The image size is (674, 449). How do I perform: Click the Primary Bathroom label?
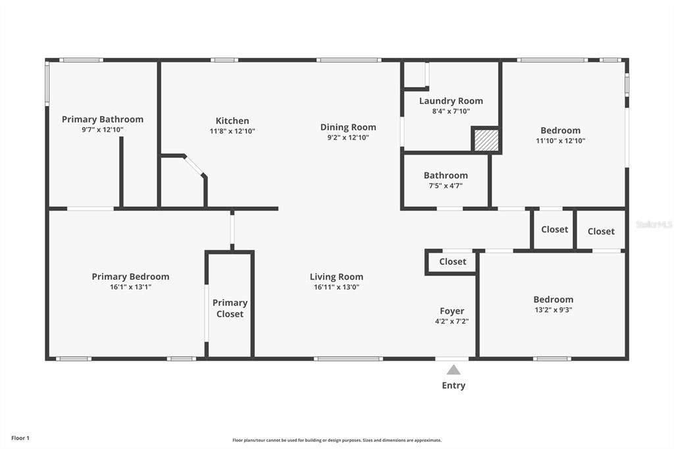point(102,119)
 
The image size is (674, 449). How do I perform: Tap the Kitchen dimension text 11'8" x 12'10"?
point(232,131)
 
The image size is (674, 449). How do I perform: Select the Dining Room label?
point(348,127)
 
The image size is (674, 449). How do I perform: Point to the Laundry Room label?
point(451,101)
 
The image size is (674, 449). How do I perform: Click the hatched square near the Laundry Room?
point(486,140)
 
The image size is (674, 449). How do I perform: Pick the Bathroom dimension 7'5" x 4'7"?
point(446,186)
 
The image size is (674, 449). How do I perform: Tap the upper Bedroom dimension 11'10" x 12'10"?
point(560,140)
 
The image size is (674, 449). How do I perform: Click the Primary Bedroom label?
point(130,277)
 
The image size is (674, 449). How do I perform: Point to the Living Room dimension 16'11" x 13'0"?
point(336,287)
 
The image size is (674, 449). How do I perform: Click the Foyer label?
point(452,311)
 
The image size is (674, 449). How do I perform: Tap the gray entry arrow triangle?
point(454,370)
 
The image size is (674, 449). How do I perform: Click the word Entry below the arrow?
point(454,385)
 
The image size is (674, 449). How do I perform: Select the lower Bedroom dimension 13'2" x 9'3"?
point(553,309)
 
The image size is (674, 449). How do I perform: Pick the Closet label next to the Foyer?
point(452,261)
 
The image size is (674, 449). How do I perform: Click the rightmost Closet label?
point(601,231)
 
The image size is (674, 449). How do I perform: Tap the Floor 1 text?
point(20,438)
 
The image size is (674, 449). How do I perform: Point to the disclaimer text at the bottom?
point(336,440)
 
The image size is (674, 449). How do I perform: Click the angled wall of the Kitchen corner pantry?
point(195,166)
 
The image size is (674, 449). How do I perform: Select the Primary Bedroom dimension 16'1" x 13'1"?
point(130,287)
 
